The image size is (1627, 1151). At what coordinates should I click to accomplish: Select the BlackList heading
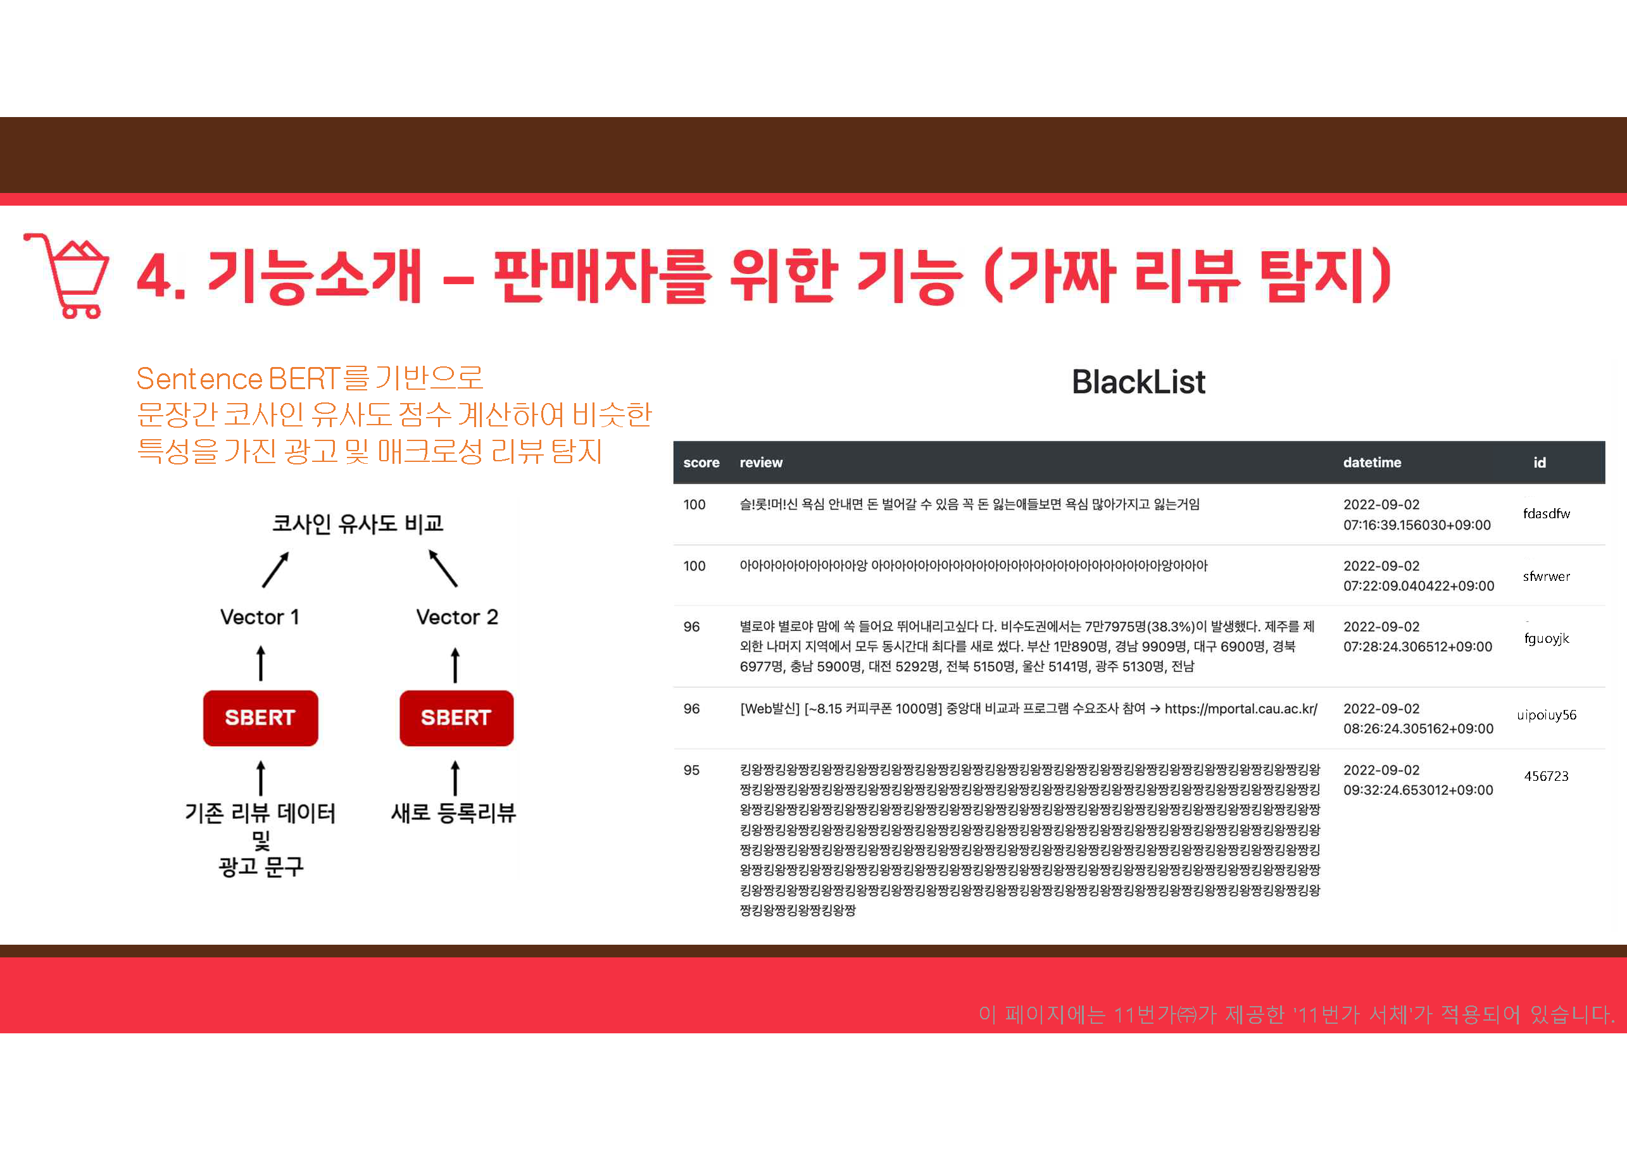1138,382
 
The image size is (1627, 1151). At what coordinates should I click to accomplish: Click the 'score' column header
701,463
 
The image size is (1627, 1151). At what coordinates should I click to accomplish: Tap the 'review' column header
761,463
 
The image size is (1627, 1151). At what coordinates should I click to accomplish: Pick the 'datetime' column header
1372,463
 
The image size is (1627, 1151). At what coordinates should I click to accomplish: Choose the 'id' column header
1539,463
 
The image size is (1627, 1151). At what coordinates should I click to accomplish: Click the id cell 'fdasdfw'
1546,514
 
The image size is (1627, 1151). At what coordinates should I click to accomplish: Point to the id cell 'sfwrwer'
1546,576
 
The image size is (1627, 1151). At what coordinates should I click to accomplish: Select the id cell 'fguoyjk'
1546,638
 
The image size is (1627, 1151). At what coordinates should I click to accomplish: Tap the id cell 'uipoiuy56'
1546,715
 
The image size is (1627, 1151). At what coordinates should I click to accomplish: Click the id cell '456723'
1546,776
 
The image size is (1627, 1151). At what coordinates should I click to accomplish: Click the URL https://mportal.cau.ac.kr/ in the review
1241,709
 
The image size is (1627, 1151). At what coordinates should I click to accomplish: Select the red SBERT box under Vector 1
260,718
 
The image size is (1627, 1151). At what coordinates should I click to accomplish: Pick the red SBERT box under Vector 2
456,718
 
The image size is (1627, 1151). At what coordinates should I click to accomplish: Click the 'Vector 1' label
260,618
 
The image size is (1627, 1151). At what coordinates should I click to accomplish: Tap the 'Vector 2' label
456,618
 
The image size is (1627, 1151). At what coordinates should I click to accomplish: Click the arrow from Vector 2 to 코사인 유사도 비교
443,568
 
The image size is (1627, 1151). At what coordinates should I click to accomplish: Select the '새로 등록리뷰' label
454,813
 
